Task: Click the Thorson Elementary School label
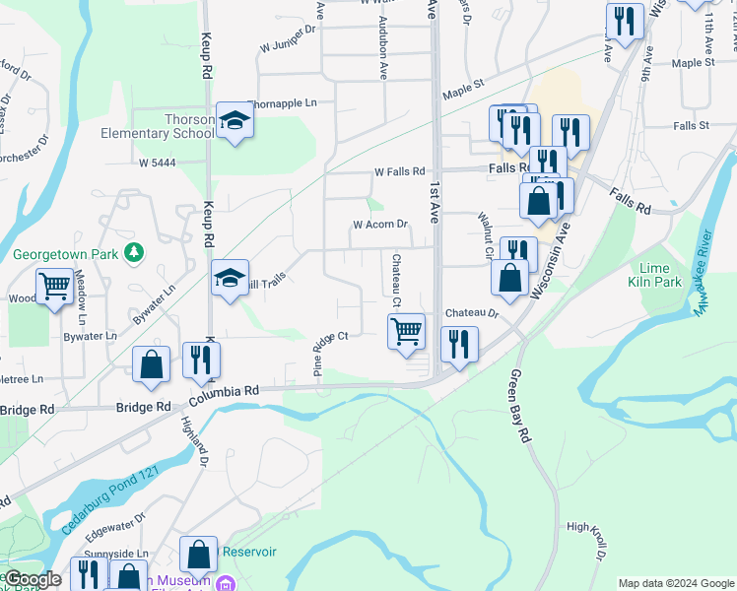(x=158, y=126)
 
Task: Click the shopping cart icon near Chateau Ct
(x=407, y=332)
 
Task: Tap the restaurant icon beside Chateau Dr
(x=460, y=344)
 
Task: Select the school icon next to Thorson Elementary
(x=235, y=121)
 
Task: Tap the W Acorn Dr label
(x=380, y=225)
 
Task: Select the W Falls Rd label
(x=399, y=171)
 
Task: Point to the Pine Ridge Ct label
(x=331, y=352)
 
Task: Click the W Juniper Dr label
(x=287, y=45)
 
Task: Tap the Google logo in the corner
(x=33, y=579)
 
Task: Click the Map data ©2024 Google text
(x=675, y=583)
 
